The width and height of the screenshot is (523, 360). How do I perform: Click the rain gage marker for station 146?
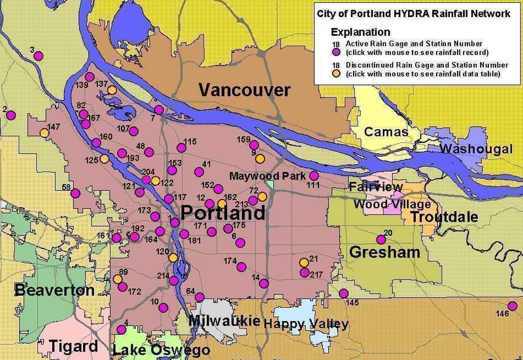(512, 306)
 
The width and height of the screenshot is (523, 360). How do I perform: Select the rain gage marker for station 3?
(39, 56)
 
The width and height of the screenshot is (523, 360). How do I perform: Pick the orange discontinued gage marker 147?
(44, 133)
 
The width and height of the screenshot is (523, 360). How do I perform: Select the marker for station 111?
(314, 176)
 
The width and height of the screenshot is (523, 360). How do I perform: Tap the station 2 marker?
(11, 115)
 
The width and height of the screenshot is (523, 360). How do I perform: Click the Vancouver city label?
(244, 90)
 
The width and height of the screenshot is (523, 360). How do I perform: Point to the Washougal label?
(475, 150)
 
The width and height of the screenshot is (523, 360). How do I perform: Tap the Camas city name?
(386, 132)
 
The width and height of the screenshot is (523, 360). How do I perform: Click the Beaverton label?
(55, 290)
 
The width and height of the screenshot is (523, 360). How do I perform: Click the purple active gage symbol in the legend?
(336, 52)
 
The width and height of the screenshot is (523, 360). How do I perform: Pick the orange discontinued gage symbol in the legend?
(336, 73)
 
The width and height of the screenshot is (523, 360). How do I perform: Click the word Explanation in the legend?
(360, 32)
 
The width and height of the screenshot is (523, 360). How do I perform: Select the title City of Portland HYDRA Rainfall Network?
(414, 13)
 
